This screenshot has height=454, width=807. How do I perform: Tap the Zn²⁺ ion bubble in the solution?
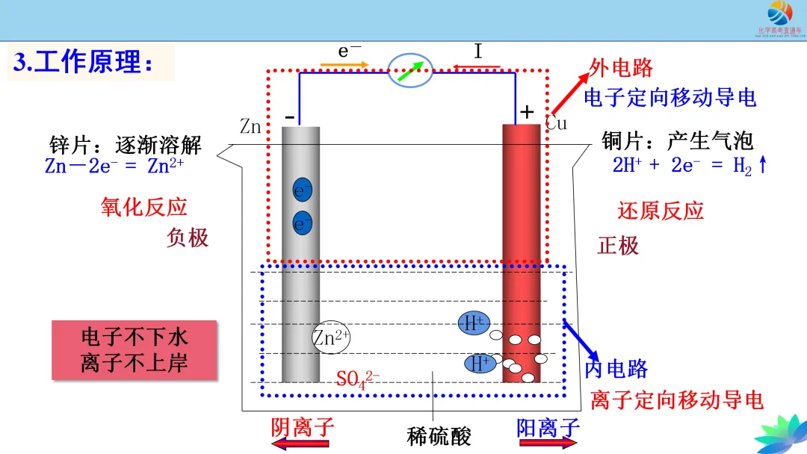click(x=331, y=338)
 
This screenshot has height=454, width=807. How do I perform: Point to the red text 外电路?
click(x=621, y=68)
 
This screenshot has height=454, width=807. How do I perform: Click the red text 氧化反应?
click(x=143, y=207)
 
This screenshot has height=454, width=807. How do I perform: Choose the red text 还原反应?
click(x=661, y=211)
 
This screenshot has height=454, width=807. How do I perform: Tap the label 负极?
click(x=188, y=237)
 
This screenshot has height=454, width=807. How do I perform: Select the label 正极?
click(x=618, y=245)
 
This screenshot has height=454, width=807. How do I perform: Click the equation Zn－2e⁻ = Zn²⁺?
click(x=114, y=166)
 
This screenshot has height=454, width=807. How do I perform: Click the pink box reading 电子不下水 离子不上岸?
click(x=134, y=350)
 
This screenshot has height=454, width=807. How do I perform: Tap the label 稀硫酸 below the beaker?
click(x=439, y=435)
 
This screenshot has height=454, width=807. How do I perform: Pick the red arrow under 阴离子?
click(x=300, y=444)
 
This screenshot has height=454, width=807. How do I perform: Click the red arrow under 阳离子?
click(x=548, y=444)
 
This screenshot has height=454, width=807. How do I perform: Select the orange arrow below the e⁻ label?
click(x=344, y=65)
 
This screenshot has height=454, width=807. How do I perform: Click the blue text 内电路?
click(x=616, y=368)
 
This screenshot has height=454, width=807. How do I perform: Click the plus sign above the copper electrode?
click(x=528, y=113)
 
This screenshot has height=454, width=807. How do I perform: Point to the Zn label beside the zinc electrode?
click(x=250, y=126)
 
